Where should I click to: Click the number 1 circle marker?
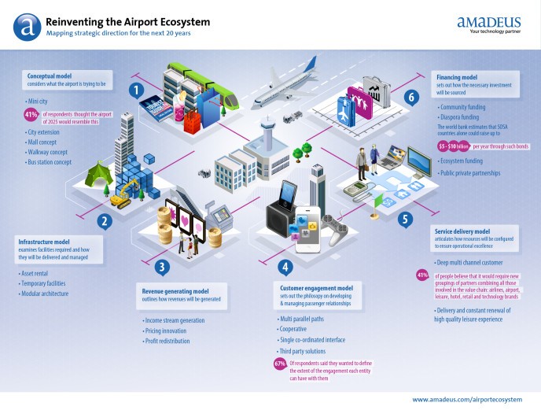click(135, 90)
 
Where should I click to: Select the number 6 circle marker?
click(410, 97)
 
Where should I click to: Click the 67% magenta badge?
click(280, 363)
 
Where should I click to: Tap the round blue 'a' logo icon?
click(27, 26)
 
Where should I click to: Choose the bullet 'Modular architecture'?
click(47, 293)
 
